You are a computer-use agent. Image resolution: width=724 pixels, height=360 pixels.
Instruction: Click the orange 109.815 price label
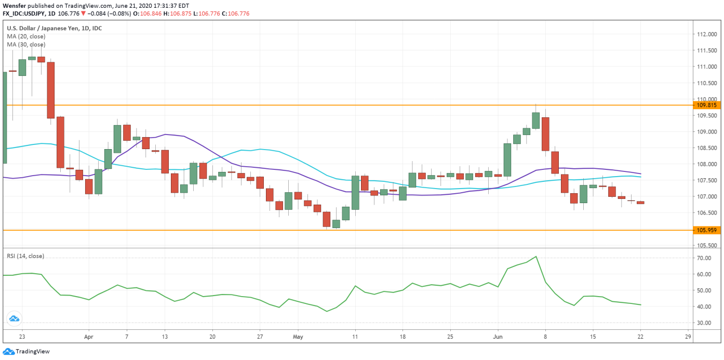[706, 105]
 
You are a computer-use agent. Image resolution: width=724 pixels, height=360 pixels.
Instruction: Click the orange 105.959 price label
[706, 230]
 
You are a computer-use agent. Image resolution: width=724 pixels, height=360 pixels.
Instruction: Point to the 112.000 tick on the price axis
[706, 34]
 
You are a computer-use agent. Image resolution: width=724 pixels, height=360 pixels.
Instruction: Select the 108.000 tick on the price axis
[706, 164]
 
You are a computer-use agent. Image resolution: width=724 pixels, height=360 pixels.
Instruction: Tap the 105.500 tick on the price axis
[706, 245]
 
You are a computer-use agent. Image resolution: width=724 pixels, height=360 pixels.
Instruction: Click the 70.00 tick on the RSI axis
[704, 258]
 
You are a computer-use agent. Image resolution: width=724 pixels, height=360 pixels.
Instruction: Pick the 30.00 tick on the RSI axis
[704, 323]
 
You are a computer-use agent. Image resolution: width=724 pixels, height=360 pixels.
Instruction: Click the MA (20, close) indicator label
[26, 36]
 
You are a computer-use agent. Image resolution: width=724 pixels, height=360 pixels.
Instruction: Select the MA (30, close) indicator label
[26, 45]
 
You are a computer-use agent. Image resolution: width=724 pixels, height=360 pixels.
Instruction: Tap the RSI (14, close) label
[25, 256]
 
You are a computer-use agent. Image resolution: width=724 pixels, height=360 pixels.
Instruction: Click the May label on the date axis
[298, 337]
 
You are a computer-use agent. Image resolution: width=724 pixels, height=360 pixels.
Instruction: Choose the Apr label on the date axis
[88, 337]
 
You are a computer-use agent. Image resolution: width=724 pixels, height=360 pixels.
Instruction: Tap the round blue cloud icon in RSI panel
[14, 318]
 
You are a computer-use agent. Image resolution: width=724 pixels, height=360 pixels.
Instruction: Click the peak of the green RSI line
[536, 256]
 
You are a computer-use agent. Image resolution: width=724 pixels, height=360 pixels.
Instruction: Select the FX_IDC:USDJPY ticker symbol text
[27, 13]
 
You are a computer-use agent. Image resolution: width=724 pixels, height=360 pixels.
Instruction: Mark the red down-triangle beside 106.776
[83, 13]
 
